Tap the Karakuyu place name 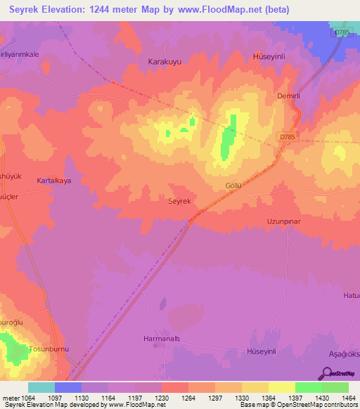click(165, 62)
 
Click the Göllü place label click(233, 186)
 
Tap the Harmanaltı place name click(158, 338)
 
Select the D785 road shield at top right click(340, 33)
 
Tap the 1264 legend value click(188, 398)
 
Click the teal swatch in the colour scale click(41, 387)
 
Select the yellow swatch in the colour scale click(281, 387)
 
